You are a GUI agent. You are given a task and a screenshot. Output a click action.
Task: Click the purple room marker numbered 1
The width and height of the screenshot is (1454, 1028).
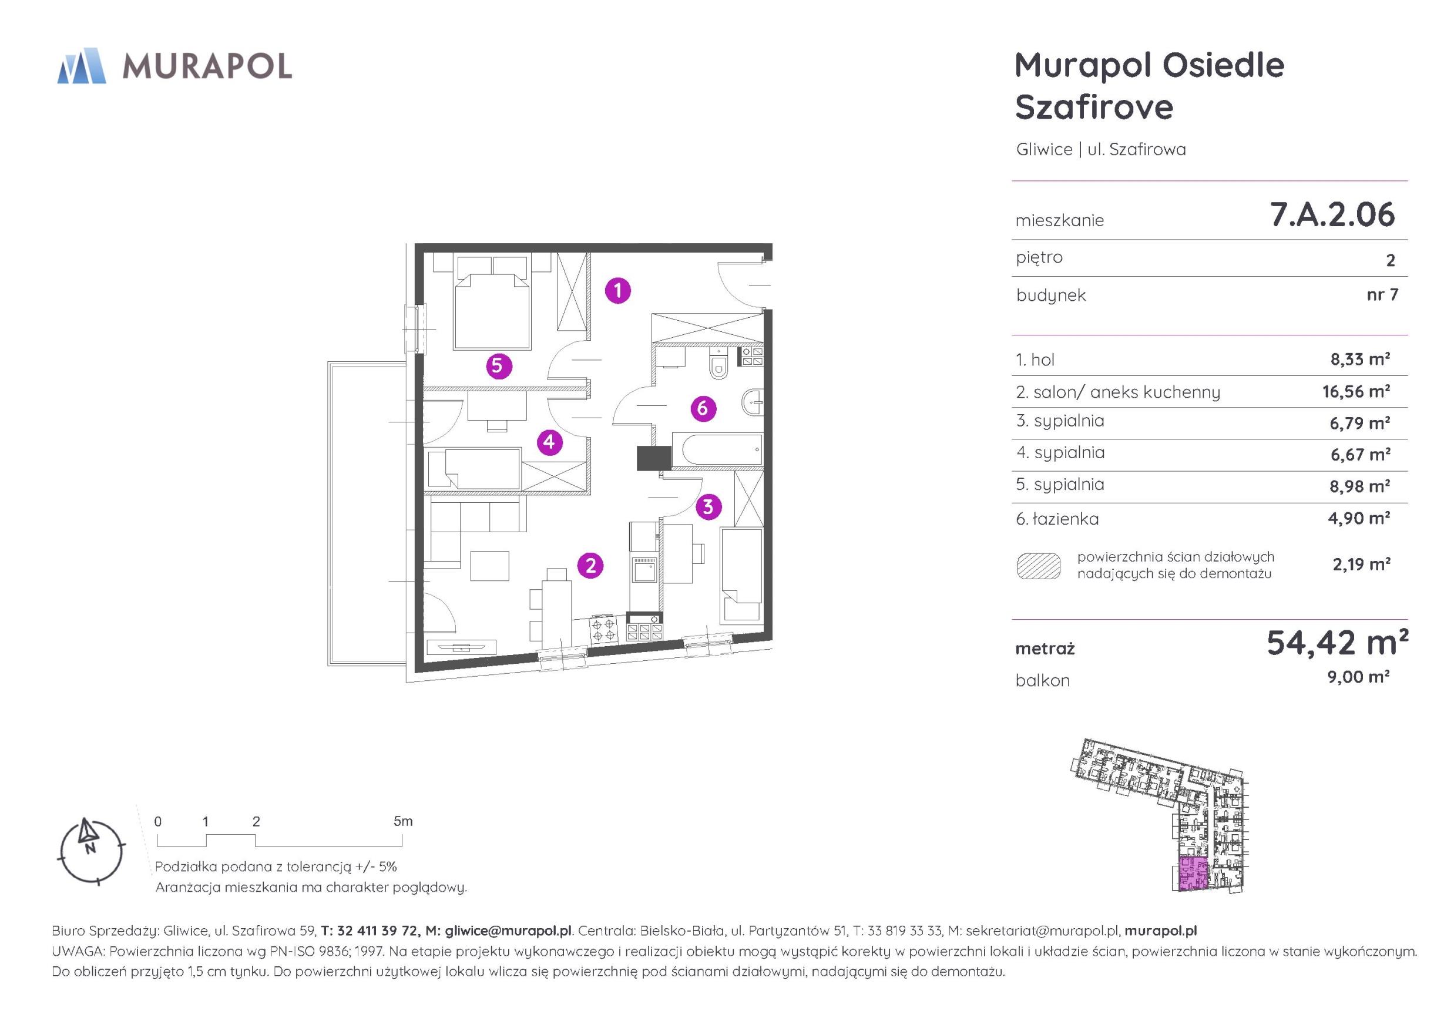pos(617,291)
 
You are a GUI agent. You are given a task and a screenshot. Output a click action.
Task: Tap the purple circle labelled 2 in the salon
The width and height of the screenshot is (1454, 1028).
pos(590,565)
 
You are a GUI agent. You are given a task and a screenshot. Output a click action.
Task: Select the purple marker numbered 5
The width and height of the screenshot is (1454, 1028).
pos(498,365)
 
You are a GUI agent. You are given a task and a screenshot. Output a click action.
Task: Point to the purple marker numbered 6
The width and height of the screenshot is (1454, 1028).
pos(702,408)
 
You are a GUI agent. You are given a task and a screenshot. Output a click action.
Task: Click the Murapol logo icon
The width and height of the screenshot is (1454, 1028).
pos(81,66)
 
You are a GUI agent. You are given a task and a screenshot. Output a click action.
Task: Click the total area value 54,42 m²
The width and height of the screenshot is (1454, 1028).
pos(1337,642)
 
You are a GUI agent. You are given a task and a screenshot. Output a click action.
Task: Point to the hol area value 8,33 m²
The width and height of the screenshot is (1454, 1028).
pos(1359,359)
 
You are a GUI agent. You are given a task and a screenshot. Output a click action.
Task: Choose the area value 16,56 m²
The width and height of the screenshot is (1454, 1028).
pos(1356,391)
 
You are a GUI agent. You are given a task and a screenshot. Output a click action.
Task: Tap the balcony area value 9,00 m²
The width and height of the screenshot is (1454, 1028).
pos(1358,677)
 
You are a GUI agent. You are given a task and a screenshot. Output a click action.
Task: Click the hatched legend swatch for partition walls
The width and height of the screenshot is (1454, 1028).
pos(1039,566)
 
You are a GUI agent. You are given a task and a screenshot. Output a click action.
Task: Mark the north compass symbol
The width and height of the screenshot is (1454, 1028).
pos(91,851)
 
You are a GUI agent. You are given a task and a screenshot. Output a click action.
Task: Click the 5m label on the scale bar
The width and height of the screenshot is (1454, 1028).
pos(403,821)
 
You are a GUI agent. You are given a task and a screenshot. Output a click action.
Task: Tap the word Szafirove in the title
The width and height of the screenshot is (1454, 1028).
pos(1094,106)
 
